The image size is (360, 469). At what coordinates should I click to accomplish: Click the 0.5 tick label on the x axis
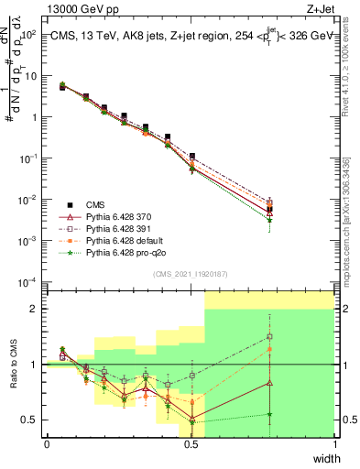(x=191, y=444)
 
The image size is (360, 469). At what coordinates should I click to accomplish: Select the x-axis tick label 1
(x=335, y=444)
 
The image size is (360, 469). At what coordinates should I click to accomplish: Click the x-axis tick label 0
(x=47, y=444)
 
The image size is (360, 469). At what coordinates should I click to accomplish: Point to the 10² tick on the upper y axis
(x=29, y=34)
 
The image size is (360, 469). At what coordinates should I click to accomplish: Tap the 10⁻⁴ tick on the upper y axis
(x=29, y=281)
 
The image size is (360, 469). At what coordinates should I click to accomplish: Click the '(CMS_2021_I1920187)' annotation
(x=191, y=274)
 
